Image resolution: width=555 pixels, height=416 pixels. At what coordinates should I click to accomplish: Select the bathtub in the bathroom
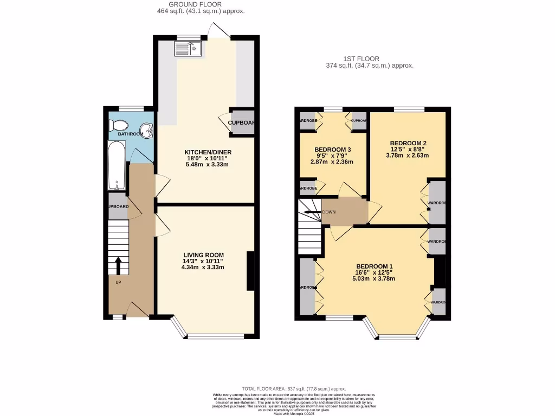tap(117, 165)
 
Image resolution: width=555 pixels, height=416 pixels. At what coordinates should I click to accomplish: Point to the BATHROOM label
tap(131, 134)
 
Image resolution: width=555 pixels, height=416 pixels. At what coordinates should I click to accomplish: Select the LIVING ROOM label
tap(203, 255)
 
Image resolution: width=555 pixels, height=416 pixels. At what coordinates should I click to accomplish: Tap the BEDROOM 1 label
tap(375, 266)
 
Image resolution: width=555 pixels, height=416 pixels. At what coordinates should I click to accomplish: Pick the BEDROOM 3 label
tap(332, 149)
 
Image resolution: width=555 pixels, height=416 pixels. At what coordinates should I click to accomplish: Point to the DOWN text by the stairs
tap(329, 212)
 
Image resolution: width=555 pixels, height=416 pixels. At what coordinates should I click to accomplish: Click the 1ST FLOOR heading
tap(362, 58)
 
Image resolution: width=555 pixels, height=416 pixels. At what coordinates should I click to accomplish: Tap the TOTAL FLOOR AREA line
tap(294, 389)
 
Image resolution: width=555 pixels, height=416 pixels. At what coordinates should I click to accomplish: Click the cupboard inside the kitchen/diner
tap(241, 122)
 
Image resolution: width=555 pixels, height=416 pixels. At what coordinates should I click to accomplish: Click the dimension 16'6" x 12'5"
tap(375, 272)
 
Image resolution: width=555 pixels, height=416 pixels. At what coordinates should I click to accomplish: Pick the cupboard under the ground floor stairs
tap(118, 206)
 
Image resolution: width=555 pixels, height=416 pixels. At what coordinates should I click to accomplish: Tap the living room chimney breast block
tap(251, 271)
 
